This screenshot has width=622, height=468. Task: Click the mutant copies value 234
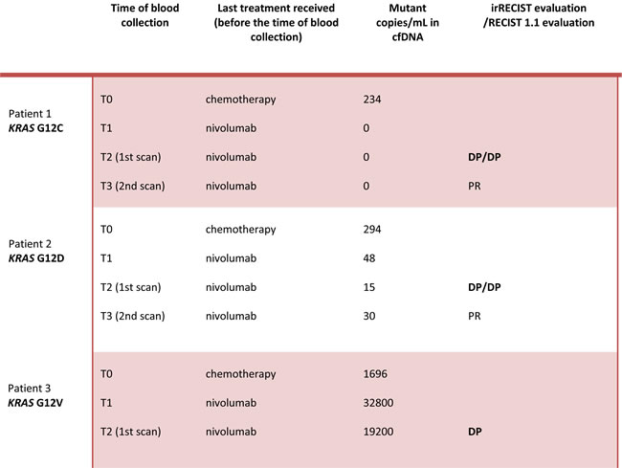click(373, 99)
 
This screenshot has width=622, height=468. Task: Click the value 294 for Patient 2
click(373, 230)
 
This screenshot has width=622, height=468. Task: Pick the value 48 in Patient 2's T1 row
click(370, 258)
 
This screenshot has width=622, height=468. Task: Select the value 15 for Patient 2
click(369, 287)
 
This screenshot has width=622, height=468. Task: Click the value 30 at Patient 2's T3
click(370, 316)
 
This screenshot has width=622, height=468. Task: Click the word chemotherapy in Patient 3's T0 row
click(240, 374)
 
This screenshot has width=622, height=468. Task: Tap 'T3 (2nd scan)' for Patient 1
click(133, 185)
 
